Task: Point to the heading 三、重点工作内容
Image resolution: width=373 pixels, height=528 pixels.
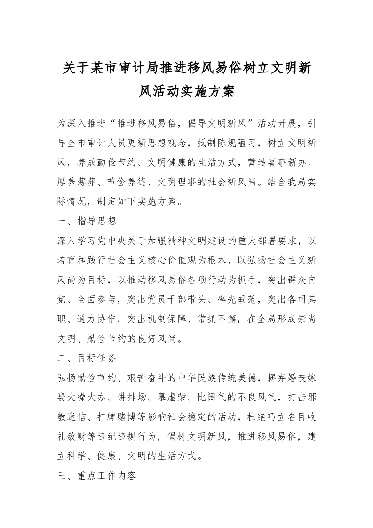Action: (x=97, y=476)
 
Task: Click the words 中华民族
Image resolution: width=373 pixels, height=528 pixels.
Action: (x=200, y=378)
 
